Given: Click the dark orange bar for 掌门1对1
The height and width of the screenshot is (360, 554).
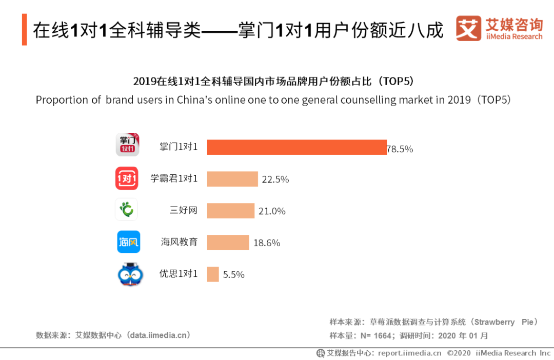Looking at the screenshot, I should (296, 147).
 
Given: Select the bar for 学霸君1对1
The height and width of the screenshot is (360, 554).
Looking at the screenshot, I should (232, 179).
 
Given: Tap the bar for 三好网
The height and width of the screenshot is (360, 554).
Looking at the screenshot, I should (231, 211).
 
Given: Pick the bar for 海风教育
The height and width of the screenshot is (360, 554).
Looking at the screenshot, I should (228, 243).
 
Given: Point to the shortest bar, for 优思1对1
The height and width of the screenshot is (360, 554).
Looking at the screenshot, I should (213, 274).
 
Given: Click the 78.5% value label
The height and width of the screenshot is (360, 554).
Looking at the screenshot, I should (400, 149).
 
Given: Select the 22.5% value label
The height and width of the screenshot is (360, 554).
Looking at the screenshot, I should (275, 179).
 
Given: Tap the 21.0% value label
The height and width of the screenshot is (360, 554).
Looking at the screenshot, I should (272, 211).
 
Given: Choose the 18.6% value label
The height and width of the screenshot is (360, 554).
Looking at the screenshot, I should (267, 243).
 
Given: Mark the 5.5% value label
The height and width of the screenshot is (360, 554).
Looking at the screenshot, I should (234, 275).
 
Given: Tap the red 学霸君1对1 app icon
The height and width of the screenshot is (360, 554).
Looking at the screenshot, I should (127, 178).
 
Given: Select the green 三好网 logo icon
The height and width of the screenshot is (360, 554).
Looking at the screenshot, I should (126, 209).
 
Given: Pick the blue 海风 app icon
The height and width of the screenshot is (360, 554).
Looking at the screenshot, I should (128, 242).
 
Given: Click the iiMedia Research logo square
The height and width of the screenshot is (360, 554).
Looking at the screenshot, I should (468, 29).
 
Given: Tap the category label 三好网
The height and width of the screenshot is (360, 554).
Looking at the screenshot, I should (184, 210).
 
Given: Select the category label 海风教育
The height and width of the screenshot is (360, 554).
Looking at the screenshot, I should (179, 242).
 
